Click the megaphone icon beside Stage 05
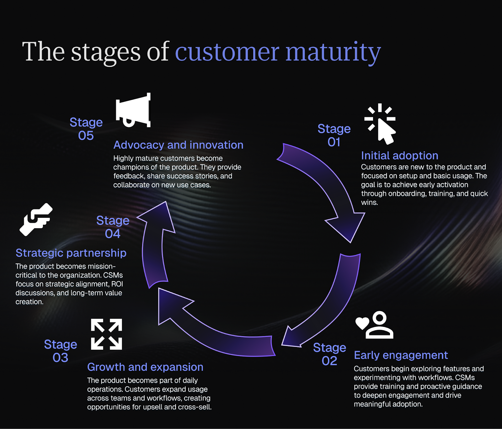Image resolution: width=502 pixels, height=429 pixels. point(133,110)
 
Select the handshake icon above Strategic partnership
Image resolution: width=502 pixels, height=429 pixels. point(36,219)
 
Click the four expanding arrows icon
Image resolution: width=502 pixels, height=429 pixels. point(106,334)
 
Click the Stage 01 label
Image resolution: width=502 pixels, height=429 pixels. point(334,135)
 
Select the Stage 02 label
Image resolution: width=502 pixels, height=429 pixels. point(329,354)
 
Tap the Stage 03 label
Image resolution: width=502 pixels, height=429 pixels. point(61,351)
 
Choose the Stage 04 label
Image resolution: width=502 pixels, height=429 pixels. point(113,227)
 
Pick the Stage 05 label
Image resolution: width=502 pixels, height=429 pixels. point(86,129)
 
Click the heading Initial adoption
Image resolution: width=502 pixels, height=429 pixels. point(399,156)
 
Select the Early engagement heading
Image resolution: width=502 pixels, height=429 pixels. point(401,355)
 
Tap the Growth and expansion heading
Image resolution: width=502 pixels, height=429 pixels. point(145,367)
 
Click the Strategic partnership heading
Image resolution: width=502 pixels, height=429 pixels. point(71,253)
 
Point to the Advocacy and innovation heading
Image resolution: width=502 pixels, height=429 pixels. point(178,145)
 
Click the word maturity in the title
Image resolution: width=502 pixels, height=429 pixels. point(333,52)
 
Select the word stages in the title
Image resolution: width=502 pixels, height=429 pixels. point(106,52)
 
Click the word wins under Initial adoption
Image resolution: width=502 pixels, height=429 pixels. point(369,202)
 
